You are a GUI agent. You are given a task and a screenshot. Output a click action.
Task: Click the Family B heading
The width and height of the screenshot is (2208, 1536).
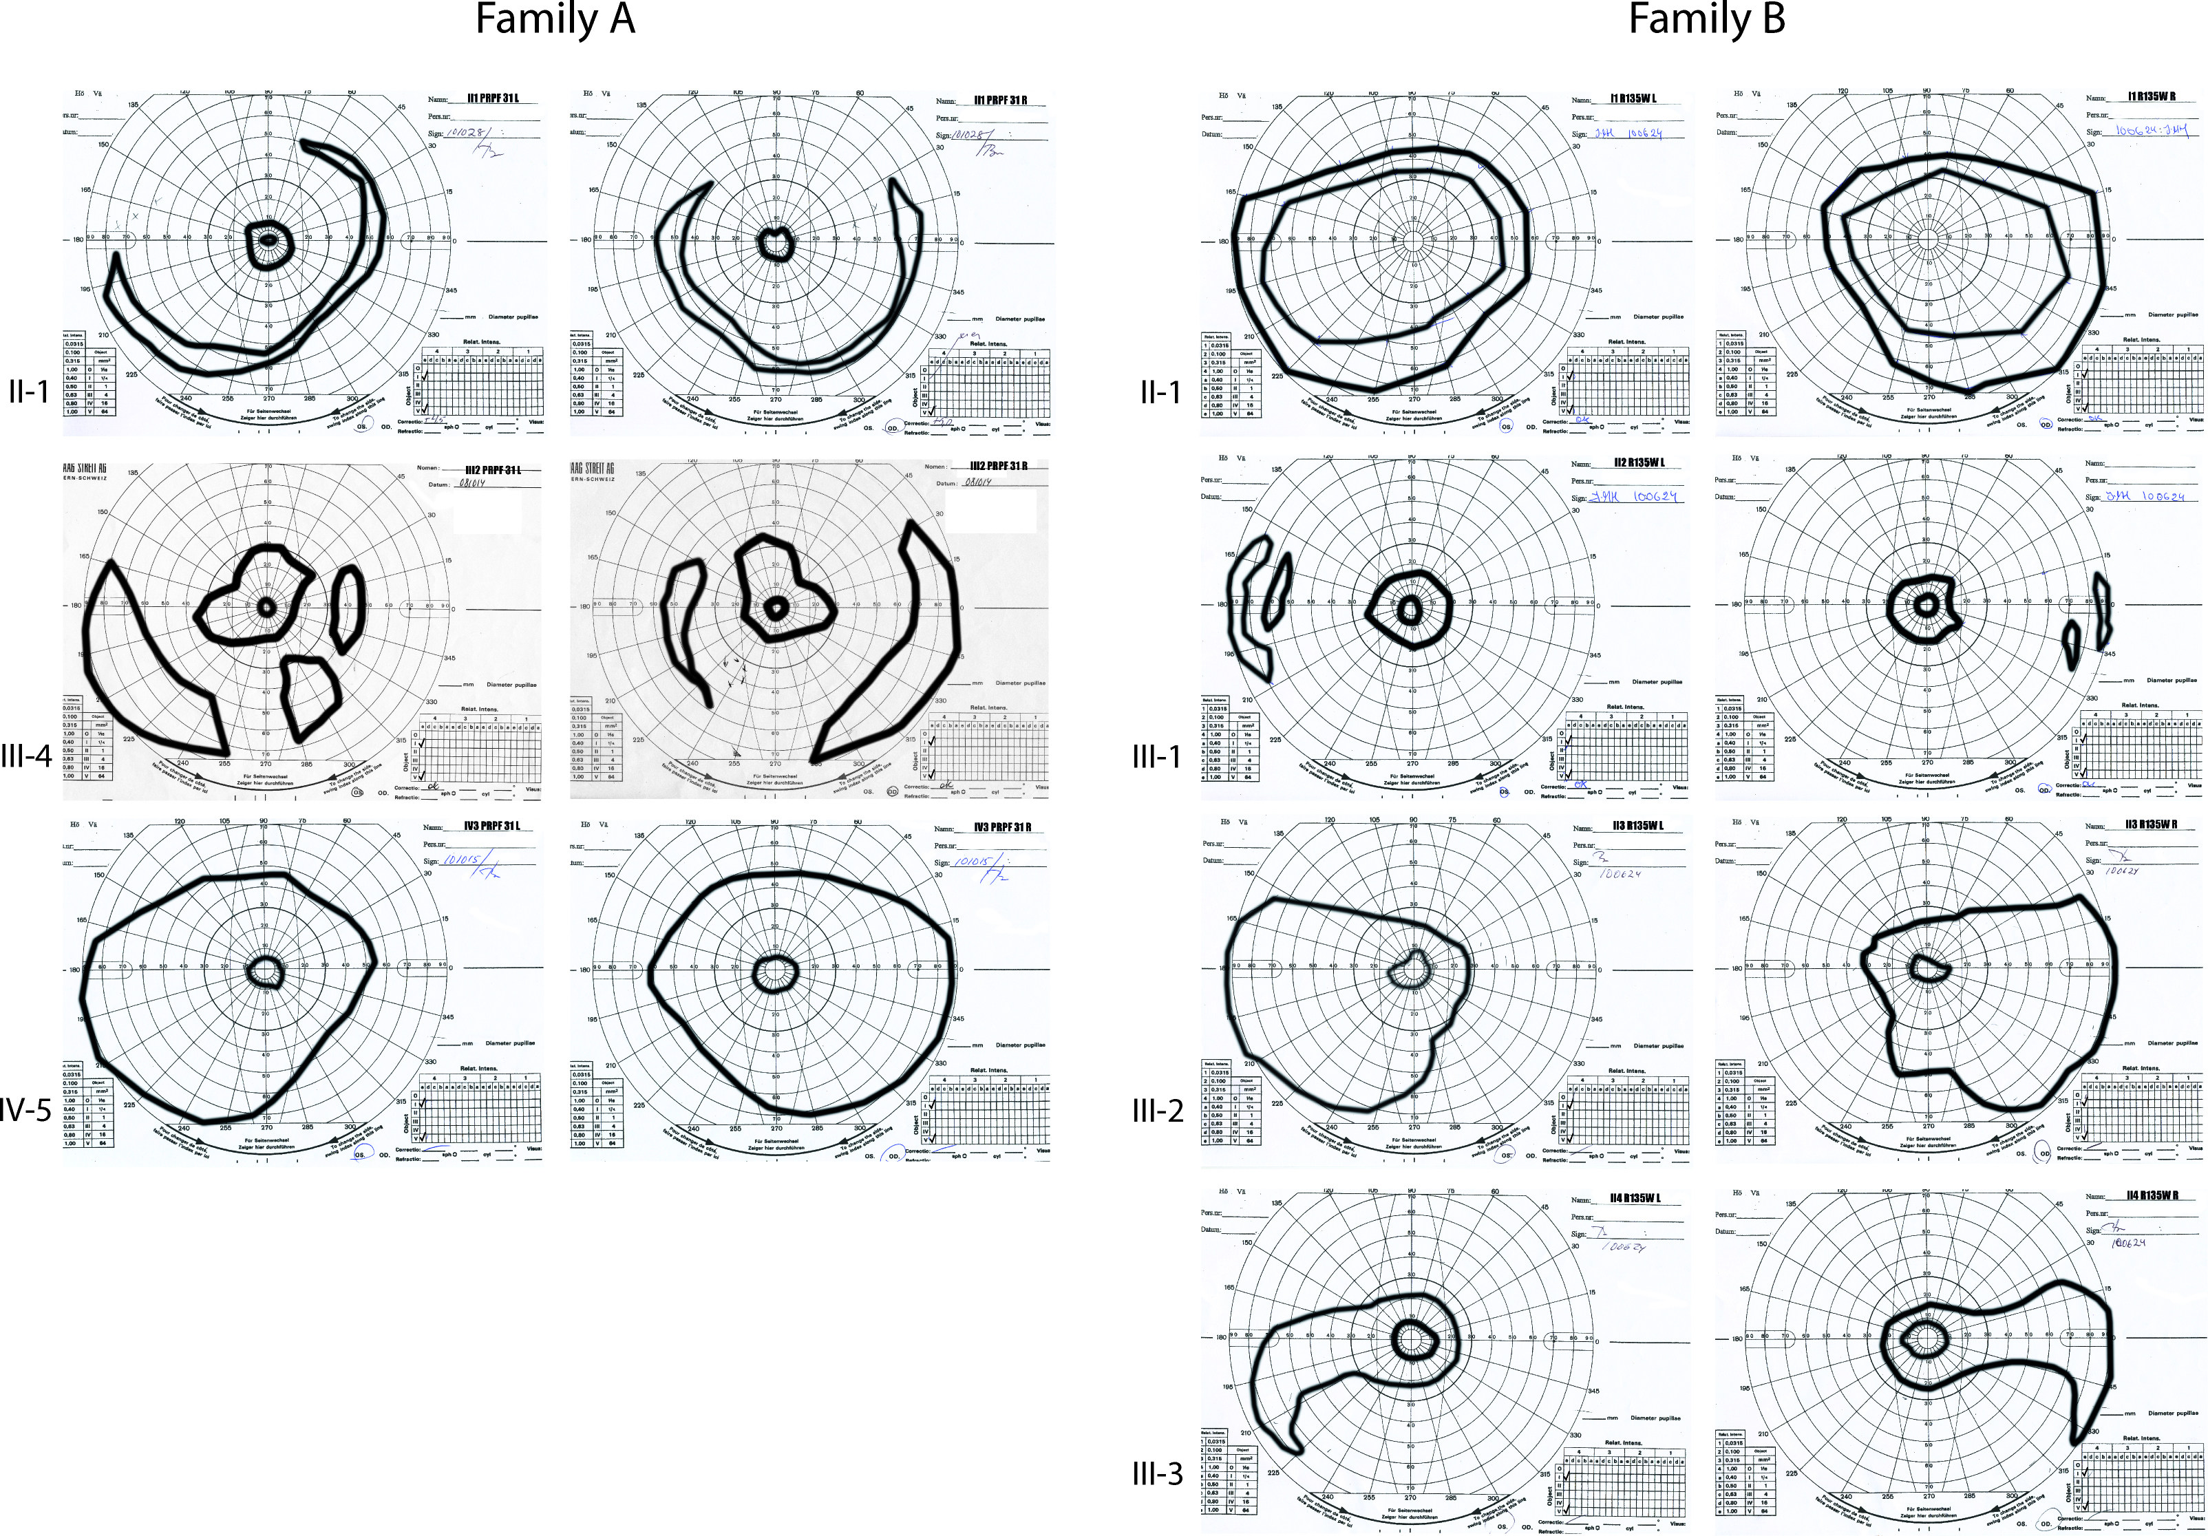[1706, 19]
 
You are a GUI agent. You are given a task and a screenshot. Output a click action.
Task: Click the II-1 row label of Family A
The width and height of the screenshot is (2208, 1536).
[29, 392]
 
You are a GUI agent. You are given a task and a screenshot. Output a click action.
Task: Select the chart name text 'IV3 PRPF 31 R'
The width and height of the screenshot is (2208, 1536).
[1000, 826]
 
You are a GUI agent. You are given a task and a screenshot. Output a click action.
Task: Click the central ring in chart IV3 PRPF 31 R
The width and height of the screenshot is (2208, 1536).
[774, 970]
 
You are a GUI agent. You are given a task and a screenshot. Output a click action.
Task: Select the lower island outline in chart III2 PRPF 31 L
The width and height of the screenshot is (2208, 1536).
[310, 696]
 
